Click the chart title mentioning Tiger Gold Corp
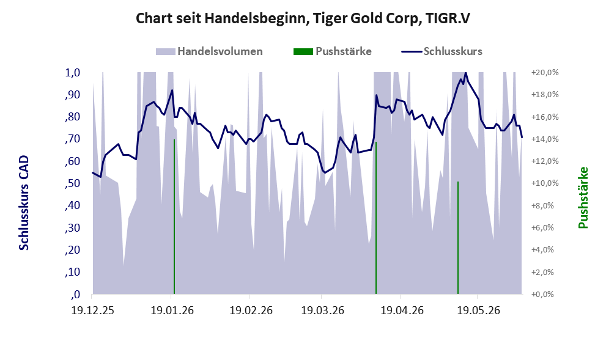(303, 18)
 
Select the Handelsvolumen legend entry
(209, 51)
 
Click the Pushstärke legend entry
(333, 51)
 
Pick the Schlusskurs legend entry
(442, 51)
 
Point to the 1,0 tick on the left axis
(72, 73)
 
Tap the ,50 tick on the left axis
(72, 183)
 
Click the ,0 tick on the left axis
(75, 295)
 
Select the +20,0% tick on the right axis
(545, 73)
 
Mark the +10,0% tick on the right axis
(545, 183)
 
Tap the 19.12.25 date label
(93, 310)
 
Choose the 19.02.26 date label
(251, 310)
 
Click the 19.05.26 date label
(478, 310)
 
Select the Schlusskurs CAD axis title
(24, 203)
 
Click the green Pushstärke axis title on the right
(583, 197)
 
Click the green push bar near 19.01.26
(174, 217)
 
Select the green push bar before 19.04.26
(376, 218)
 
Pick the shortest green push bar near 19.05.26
(458, 238)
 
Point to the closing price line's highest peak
(465, 73)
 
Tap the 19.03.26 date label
(322, 310)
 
